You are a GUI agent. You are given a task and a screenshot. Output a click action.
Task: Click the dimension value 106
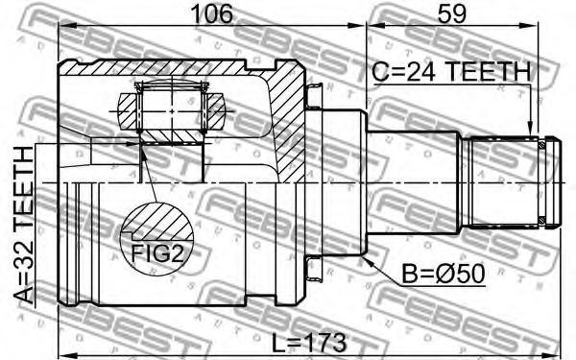[213, 14]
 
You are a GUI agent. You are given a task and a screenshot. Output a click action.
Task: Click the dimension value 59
[452, 14]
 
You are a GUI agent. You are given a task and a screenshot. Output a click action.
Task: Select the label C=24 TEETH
[451, 72]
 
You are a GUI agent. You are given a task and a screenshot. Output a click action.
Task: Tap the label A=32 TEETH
[23, 225]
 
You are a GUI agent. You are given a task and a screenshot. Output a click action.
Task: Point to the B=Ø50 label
[443, 274]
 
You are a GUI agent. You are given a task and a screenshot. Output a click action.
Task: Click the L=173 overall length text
[309, 343]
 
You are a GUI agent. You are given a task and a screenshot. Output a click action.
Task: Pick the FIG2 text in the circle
[157, 253]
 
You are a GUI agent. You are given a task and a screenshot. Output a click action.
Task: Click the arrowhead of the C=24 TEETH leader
[530, 131]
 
